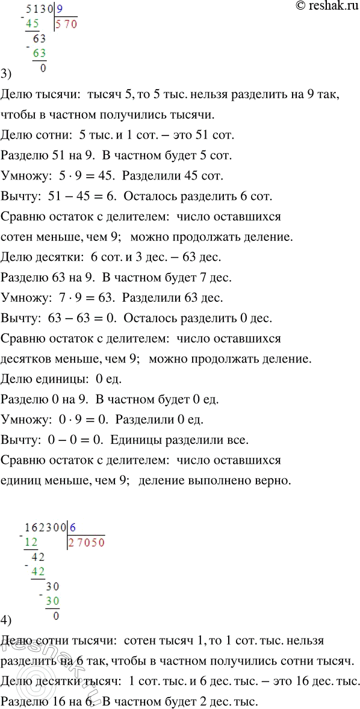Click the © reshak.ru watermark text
322,7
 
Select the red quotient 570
66,25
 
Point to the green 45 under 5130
33,24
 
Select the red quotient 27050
87,541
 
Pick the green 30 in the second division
53,601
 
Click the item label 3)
7,75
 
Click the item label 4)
7,620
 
